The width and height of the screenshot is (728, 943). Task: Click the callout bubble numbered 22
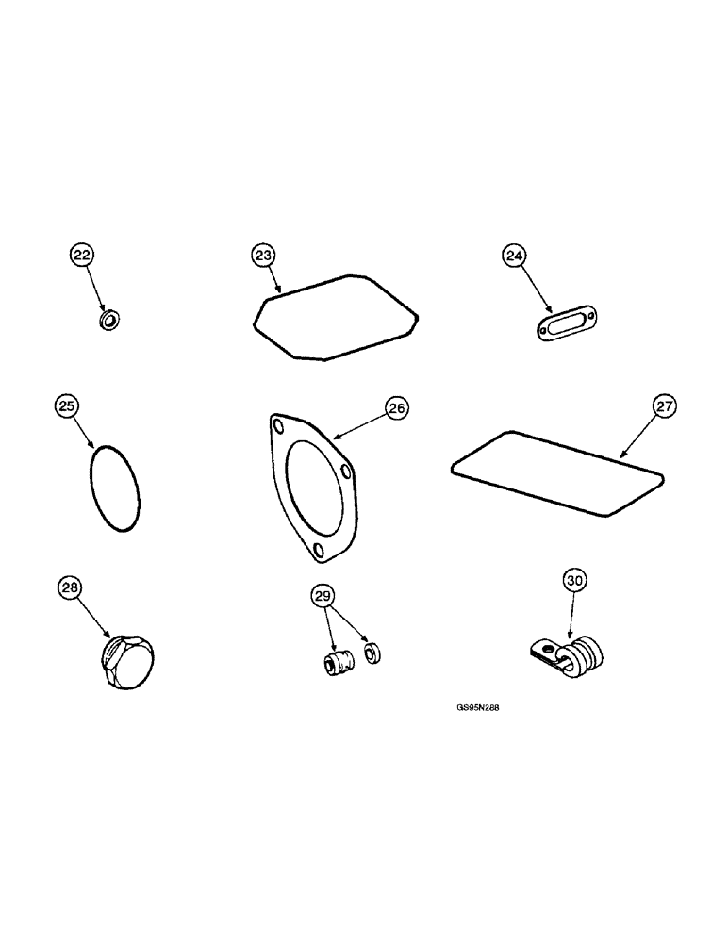click(83, 255)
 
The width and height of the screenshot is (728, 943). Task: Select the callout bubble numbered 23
click(263, 255)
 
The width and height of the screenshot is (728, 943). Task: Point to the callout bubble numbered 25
click(66, 406)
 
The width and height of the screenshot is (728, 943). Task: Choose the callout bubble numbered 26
click(396, 407)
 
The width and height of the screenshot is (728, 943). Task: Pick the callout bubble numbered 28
click(70, 587)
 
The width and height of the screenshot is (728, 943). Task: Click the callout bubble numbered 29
click(323, 595)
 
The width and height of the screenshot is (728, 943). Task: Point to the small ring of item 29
click(372, 652)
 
